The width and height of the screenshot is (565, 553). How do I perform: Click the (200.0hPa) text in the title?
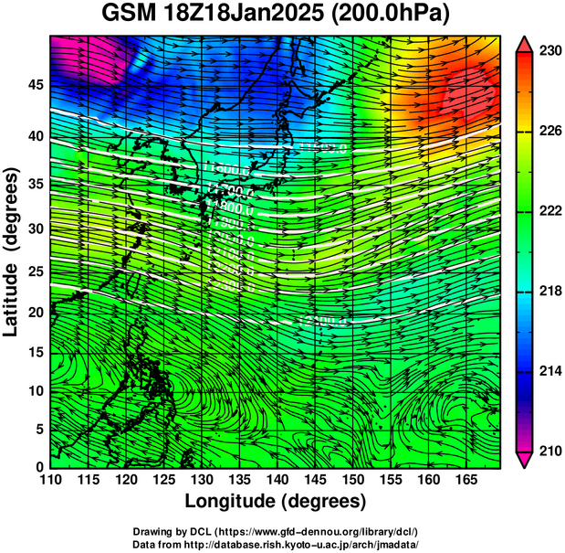tap(392, 16)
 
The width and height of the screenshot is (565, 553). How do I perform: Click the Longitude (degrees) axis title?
tap(276, 502)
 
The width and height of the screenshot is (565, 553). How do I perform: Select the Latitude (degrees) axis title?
tap(14, 252)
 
